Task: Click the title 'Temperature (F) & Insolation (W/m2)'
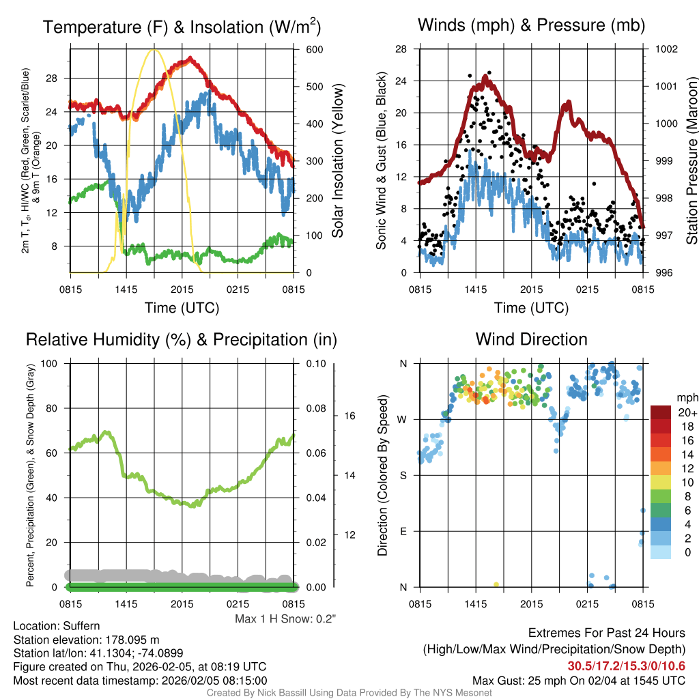click(182, 27)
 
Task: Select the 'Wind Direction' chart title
click(531, 339)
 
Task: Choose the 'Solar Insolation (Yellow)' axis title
click(338, 161)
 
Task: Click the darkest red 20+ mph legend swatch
click(662, 412)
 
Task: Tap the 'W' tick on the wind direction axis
click(403, 420)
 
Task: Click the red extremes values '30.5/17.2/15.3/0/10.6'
click(626, 666)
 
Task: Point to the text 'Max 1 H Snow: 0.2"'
click(286, 619)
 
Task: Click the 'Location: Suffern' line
click(57, 626)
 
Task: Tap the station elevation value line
click(86, 640)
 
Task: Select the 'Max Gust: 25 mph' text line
click(579, 681)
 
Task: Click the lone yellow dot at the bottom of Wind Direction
click(496, 585)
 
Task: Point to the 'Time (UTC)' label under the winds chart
click(530, 308)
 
